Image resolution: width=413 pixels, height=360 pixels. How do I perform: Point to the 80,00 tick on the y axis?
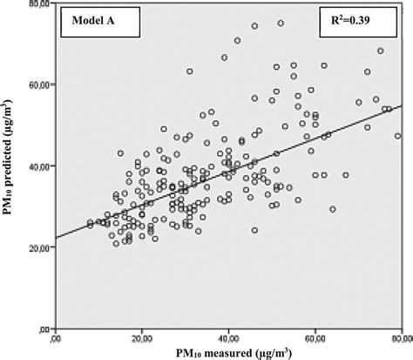click(x=37, y=5)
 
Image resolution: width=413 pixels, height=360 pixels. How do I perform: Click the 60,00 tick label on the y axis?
click(x=37, y=85)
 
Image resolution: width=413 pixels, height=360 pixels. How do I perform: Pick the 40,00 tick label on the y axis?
click(x=37, y=166)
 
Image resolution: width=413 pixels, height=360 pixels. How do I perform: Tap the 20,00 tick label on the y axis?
click(x=37, y=248)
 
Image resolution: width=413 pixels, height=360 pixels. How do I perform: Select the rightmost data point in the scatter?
click(x=397, y=136)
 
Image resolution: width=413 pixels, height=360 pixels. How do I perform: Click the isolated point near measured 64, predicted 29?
click(x=332, y=209)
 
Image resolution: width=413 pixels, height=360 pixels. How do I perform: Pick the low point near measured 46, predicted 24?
click(x=254, y=230)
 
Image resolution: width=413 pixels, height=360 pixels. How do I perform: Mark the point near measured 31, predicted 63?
click(x=190, y=71)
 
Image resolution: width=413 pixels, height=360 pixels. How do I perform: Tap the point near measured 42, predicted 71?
click(x=237, y=40)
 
